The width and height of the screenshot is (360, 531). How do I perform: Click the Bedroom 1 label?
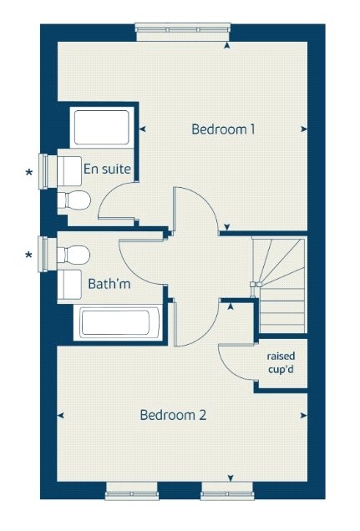(223, 129)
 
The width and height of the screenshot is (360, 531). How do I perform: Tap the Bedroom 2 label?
(173, 415)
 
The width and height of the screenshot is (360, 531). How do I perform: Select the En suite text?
(107, 169)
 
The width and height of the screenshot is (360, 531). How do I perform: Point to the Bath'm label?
(109, 284)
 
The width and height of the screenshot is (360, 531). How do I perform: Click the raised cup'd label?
(281, 362)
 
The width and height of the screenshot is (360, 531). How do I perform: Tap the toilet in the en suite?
(74, 200)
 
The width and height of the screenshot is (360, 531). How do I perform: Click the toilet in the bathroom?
(74, 255)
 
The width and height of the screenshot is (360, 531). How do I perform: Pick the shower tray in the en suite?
(102, 128)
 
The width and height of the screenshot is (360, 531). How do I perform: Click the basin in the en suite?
(69, 171)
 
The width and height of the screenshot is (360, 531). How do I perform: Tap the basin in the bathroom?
(69, 285)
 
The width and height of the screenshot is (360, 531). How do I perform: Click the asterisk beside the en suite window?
(29, 173)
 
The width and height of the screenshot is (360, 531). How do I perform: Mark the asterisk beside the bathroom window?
(28, 255)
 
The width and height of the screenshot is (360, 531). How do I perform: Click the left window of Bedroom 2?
(132, 491)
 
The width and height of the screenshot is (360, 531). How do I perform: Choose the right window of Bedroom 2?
(227, 491)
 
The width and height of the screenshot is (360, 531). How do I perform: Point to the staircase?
(279, 286)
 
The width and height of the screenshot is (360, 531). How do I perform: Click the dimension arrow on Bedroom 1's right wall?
(304, 129)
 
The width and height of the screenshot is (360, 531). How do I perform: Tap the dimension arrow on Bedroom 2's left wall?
(61, 416)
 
